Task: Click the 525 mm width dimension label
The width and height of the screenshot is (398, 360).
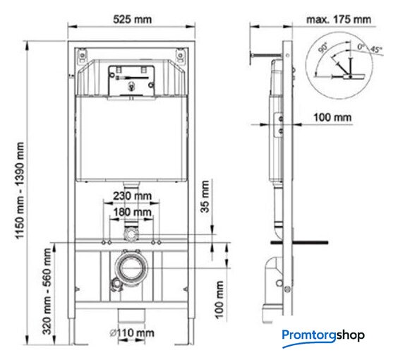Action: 132,19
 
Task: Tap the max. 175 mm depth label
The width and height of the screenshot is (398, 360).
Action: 339,19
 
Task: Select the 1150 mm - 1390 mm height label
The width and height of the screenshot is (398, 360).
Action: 20,191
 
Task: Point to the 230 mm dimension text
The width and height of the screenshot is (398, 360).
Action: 132,196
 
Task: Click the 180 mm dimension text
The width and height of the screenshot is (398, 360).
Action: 132,212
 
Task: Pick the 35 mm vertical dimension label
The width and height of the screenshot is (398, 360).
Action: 205,196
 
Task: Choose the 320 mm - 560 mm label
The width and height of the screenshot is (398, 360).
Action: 47,292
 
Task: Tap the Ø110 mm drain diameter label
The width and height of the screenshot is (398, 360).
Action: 132,332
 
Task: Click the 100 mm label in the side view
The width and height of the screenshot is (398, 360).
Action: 332,118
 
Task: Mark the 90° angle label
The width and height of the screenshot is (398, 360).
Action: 323,48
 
